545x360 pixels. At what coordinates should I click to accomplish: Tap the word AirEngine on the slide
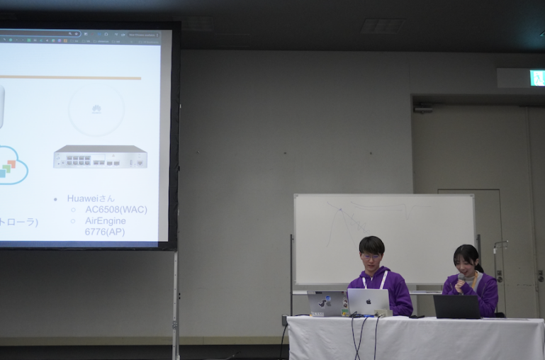point(106,221)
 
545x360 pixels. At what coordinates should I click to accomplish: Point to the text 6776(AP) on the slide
point(104,232)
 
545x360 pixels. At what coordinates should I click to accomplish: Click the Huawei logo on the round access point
point(96,109)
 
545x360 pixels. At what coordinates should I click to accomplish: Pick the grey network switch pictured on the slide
point(100,157)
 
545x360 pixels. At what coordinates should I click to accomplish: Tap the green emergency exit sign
point(536,78)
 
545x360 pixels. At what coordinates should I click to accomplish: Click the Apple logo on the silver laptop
point(368,300)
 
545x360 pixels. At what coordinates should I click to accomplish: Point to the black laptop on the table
point(457,307)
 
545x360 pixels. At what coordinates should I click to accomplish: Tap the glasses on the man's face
point(371,257)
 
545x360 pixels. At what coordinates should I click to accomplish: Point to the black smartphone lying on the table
point(417,316)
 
